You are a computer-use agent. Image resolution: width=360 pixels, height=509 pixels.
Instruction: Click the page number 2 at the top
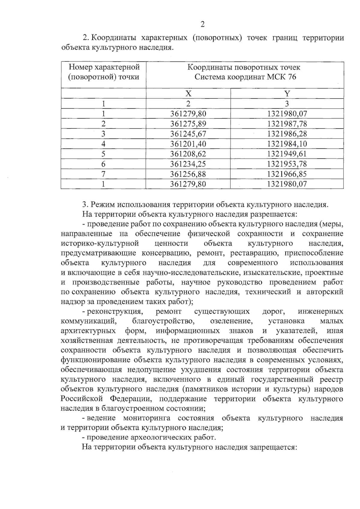pyautogui.click(x=202, y=24)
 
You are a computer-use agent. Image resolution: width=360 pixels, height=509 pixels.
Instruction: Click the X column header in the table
pyautogui.click(x=188, y=94)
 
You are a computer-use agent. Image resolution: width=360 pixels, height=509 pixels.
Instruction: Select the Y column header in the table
pyautogui.click(x=287, y=94)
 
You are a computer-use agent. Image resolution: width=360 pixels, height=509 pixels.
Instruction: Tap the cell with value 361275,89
pyautogui.click(x=188, y=124)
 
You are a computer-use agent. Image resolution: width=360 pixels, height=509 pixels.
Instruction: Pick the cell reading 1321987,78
pyautogui.click(x=287, y=124)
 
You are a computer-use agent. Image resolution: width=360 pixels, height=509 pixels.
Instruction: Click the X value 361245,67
pyautogui.click(x=188, y=134)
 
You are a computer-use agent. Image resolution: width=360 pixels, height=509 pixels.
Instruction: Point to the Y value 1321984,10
pyautogui.click(x=287, y=144)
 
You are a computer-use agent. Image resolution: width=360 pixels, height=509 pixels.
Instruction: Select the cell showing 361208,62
pyautogui.click(x=188, y=154)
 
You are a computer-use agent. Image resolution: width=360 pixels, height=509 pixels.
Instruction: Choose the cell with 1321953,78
pyautogui.click(x=287, y=164)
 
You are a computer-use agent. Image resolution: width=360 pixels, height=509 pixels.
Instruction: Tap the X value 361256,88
pyautogui.click(x=188, y=174)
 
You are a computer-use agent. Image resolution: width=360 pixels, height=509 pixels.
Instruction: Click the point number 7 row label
pyautogui.click(x=103, y=174)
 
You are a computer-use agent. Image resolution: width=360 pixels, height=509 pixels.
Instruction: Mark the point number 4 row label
pyautogui.click(x=103, y=144)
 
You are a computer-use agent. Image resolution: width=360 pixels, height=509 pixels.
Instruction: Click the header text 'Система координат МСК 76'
pyautogui.click(x=245, y=77)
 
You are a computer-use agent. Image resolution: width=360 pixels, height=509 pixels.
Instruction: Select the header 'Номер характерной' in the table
pyautogui.click(x=103, y=67)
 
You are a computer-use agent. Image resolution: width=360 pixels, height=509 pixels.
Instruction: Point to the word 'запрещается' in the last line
pyautogui.click(x=271, y=447)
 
